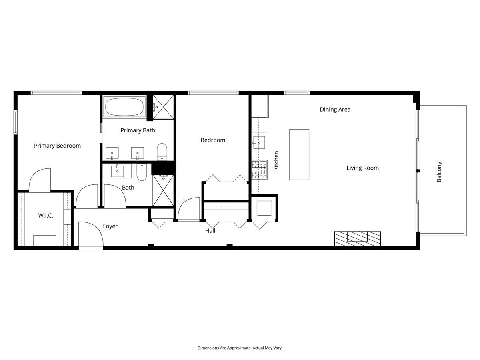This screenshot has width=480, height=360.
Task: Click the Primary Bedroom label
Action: tap(57, 146)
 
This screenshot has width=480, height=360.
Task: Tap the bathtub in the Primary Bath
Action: tap(124, 107)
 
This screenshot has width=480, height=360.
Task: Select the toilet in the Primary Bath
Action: tap(162, 151)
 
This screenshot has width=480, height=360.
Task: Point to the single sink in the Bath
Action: tap(118, 171)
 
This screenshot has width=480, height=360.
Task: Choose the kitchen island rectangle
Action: tap(299, 154)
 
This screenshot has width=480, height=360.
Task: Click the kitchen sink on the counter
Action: tap(259, 142)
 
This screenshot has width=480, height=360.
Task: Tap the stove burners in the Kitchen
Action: tap(259, 170)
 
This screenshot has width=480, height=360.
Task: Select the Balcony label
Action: tap(439, 172)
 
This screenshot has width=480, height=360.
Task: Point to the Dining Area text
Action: tap(335, 109)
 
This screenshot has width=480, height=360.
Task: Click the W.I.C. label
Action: tap(46, 215)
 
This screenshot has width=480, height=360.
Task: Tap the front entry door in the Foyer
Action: tap(91, 236)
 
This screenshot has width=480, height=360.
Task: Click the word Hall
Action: tap(210, 231)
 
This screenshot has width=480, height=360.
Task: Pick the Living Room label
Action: tap(362, 168)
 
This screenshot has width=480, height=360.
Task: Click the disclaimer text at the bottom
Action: tap(240, 348)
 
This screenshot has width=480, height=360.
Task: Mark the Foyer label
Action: tap(110, 226)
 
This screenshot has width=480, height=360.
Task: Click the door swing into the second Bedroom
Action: tap(189, 209)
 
